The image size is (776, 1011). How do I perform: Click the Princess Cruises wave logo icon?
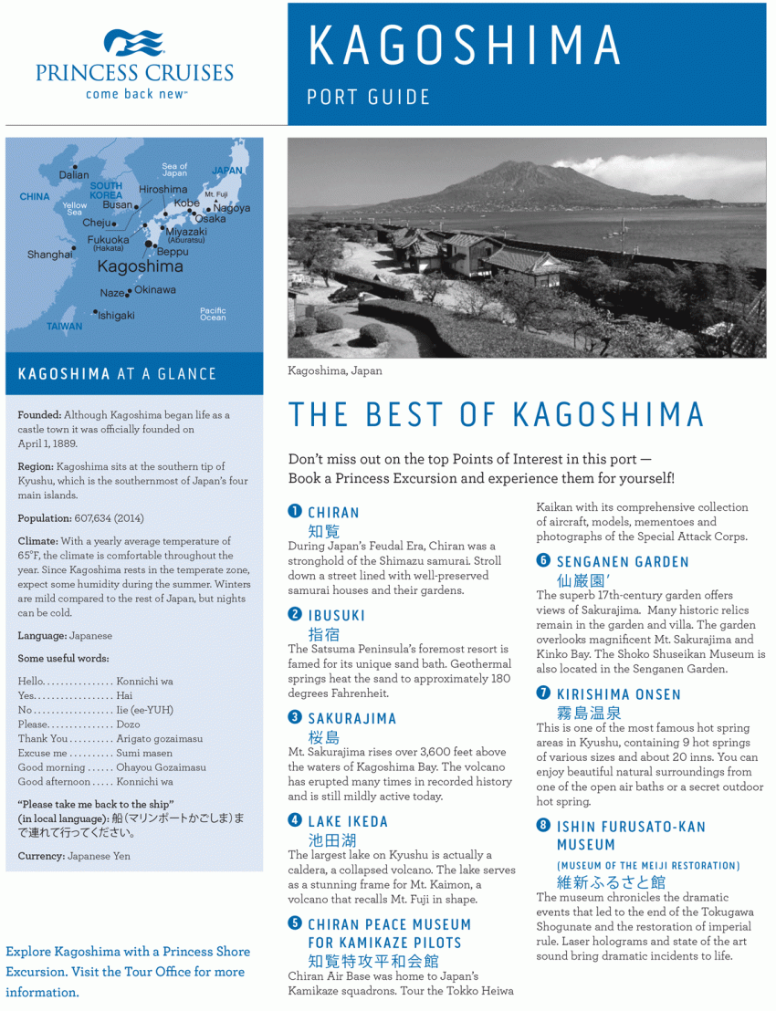point(133,43)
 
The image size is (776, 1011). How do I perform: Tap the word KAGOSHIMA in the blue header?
point(465,46)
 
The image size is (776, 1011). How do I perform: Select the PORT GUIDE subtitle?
point(368,97)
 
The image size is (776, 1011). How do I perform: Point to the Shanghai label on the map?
point(49,255)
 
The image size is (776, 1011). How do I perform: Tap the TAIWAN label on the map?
point(64,326)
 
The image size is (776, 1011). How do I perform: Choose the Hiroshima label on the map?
point(163,190)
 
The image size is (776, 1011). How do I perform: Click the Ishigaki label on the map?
point(116,315)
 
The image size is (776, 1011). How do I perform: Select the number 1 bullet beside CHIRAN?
point(295,511)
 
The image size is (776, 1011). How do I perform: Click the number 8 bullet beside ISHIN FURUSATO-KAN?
point(543,826)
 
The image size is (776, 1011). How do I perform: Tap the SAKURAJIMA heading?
point(351,718)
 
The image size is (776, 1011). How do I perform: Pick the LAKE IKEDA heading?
point(348,821)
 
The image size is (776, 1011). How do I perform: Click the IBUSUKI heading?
point(336,615)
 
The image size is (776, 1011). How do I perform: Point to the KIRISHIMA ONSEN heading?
point(618,694)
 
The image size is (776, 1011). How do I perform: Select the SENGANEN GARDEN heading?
point(623,561)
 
